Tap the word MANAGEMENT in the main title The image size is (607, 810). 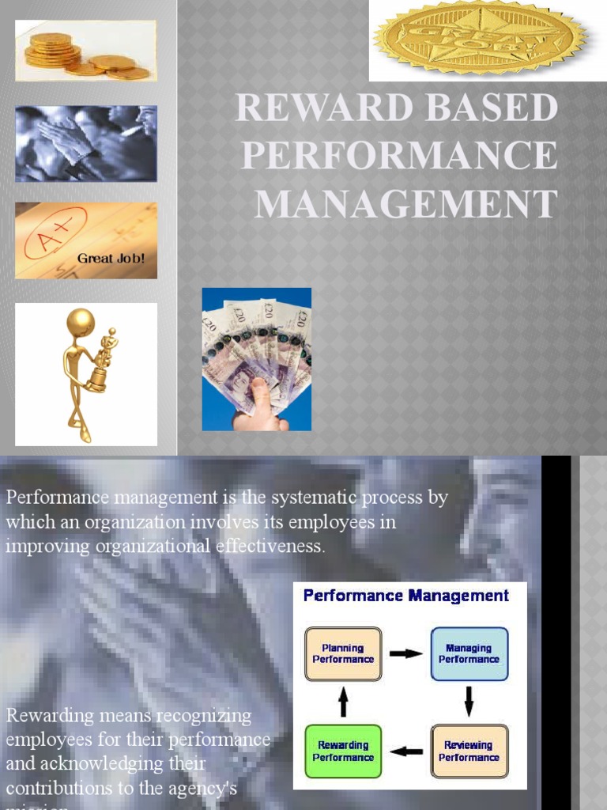coord(406,204)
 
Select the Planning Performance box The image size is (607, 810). coord(343,653)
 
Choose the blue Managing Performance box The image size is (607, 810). coord(469,653)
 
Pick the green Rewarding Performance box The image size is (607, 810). coord(343,751)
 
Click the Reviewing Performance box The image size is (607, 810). coord(469,751)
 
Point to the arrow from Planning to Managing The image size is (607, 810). coord(406,654)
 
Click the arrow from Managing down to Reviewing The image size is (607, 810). coord(469,701)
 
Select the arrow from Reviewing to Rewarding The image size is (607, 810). coord(406,751)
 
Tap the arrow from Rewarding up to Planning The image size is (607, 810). coord(343,701)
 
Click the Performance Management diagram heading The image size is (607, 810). coord(406,596)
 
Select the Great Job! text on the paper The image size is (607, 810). coord(111,259)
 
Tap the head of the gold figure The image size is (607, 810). coord(80,322)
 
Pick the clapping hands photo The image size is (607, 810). coord(85,143)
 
